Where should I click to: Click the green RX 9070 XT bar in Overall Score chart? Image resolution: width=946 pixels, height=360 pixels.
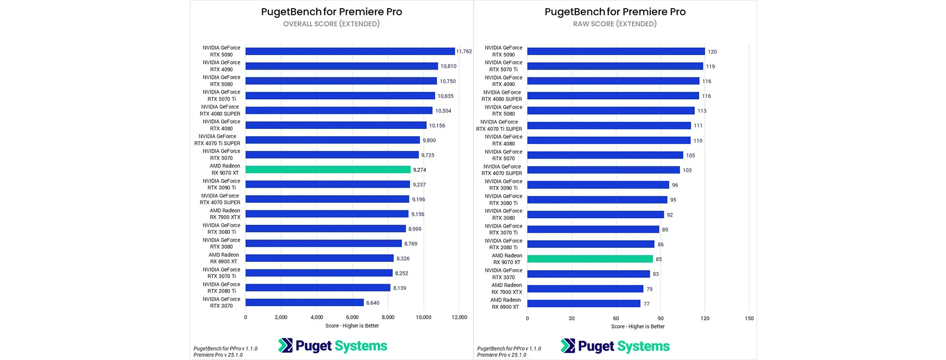[328, 170]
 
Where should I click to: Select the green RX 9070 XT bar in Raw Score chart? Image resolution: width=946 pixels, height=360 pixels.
[589, 259]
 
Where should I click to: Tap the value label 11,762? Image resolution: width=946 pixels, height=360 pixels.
[464, 51]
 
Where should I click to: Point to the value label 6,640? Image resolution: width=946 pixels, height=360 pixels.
[373, 303]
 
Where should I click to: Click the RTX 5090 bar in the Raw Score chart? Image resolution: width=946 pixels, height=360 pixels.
[616, 51]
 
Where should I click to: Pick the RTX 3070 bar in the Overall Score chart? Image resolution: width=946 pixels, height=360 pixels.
[304, 302]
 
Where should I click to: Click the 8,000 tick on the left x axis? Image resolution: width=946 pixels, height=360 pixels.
[388, 317]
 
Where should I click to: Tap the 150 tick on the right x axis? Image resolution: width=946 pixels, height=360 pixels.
[749, 318]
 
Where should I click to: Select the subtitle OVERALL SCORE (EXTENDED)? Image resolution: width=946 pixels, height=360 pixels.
[331, 24]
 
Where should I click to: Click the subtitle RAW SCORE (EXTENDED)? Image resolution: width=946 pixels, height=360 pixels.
[615, 24]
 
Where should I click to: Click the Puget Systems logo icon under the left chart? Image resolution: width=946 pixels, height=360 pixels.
[286, 346]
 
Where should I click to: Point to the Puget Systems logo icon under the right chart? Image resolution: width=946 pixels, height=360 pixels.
[568, 346]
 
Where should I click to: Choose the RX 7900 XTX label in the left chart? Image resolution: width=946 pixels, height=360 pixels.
[225, 214]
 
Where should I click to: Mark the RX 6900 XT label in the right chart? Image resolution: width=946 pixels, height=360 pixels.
[505, 303]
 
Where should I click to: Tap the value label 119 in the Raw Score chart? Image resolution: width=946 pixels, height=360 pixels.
[710, 67]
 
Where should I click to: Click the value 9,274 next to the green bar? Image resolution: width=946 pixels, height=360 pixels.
[419, 170]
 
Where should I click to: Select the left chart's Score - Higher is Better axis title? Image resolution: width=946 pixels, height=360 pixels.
[352, 326]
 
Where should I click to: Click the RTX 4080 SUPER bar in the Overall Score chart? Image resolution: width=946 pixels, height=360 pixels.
[339, 111]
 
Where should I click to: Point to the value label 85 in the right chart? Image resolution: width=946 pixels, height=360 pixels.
[659, 259]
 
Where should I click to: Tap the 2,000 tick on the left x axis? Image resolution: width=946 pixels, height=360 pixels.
[281, 317]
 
